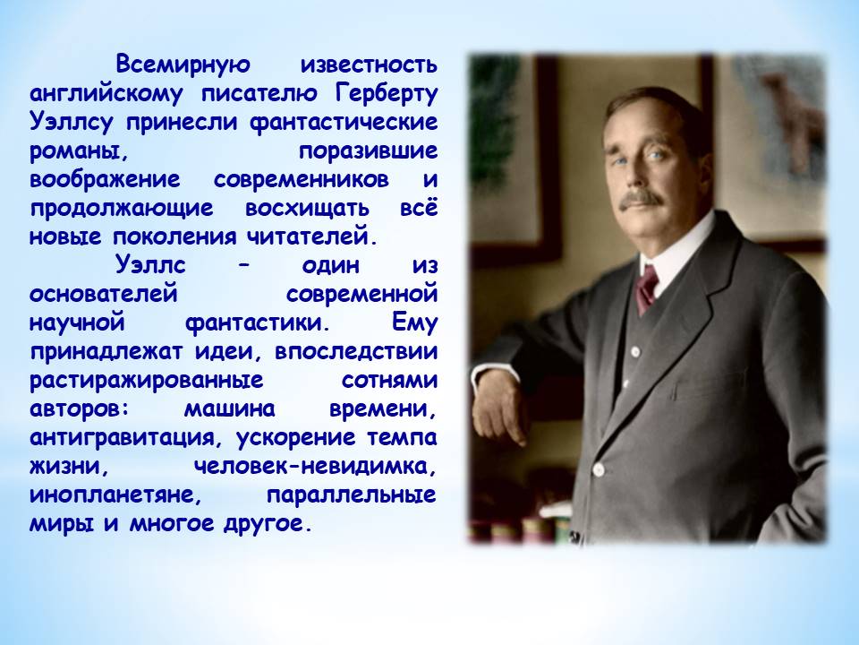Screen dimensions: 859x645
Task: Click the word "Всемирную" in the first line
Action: click(183, 64)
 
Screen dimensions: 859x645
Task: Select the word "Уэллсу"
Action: click(72, 123)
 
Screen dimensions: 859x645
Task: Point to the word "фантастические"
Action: click(344, 123)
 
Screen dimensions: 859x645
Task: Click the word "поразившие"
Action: click(368, 150)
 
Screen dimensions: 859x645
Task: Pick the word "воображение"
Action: click(105, 179)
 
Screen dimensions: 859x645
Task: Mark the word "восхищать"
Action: click(307, 209)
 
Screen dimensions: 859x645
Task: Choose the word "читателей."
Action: click(312, 236)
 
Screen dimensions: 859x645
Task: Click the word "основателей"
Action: click(104, 294)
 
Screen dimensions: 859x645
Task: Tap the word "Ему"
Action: click(414, 322)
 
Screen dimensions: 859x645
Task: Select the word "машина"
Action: click(229, 408)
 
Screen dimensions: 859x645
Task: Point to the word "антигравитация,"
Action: click(130, 438)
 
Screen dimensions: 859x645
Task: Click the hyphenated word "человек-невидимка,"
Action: click(316, 466)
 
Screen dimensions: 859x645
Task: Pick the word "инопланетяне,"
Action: click(116, 494)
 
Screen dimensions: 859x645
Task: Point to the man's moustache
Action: click(641, 200)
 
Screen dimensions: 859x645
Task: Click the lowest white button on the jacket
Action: click(599, 469)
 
